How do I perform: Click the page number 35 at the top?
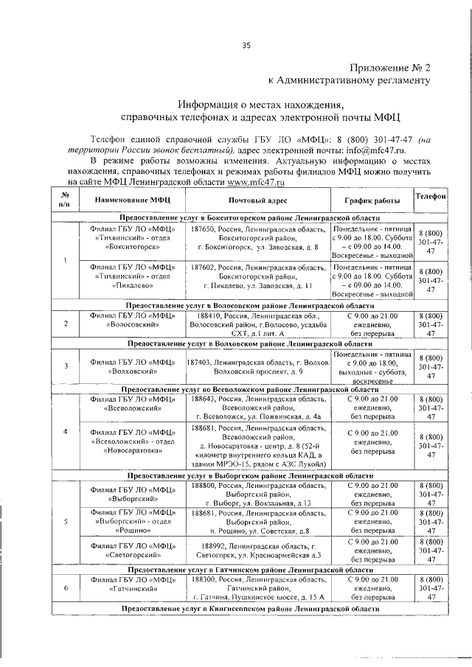pyautogui.click(x=247, y=46)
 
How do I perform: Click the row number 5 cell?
pyautogui.click(x=66, y=543)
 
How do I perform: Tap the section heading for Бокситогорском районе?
pyautogui.click(x=251, y=219)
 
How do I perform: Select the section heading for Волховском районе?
pyautogui.click(x=251, y=343)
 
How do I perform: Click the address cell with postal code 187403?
pyautogui.click(x=257, y=366)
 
